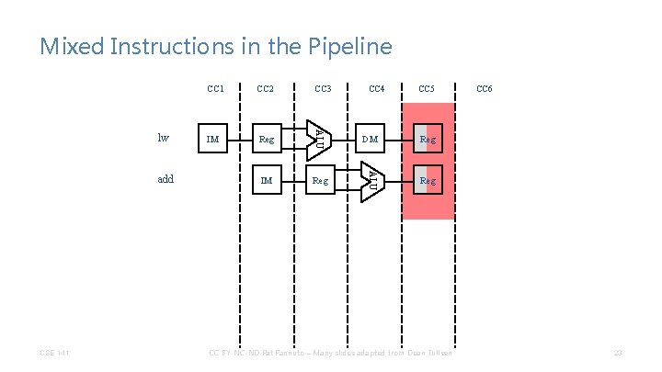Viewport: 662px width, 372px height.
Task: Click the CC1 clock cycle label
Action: (215, 89)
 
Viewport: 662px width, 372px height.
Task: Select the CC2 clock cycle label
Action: (266, 89)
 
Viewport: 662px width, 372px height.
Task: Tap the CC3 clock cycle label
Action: (323, 89)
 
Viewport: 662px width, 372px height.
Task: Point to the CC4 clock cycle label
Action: (376, 89)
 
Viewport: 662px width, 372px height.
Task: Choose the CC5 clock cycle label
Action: (428, 89)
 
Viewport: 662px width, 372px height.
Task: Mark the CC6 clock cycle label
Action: (484, 89)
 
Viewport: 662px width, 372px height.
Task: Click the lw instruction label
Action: (164, 139)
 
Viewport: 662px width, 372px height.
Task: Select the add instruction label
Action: (165, 180)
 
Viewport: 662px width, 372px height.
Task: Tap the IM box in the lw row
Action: (213, 140)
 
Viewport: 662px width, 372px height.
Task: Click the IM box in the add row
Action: (267, 181)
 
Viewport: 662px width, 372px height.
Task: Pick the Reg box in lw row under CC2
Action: (267, 140)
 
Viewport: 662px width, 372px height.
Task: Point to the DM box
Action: (370, 140)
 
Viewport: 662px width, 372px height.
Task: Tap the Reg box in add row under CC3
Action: (320, 181)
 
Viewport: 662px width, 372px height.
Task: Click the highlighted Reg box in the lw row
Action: (428, 140)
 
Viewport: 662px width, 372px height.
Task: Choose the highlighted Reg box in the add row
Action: (428, 181)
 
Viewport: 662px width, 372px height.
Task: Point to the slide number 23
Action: (618, 352)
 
